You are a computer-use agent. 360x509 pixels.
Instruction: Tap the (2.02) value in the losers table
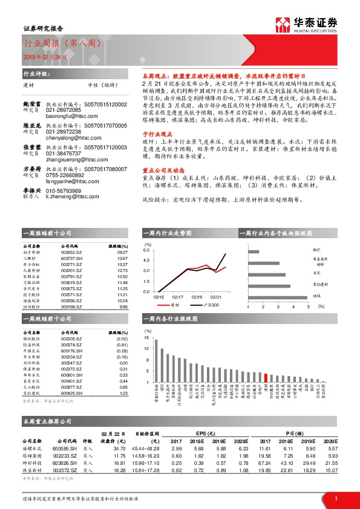(122, 341)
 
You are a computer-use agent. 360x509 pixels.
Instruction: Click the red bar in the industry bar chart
(266, 377)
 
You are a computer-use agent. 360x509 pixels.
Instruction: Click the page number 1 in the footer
(336, 498)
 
